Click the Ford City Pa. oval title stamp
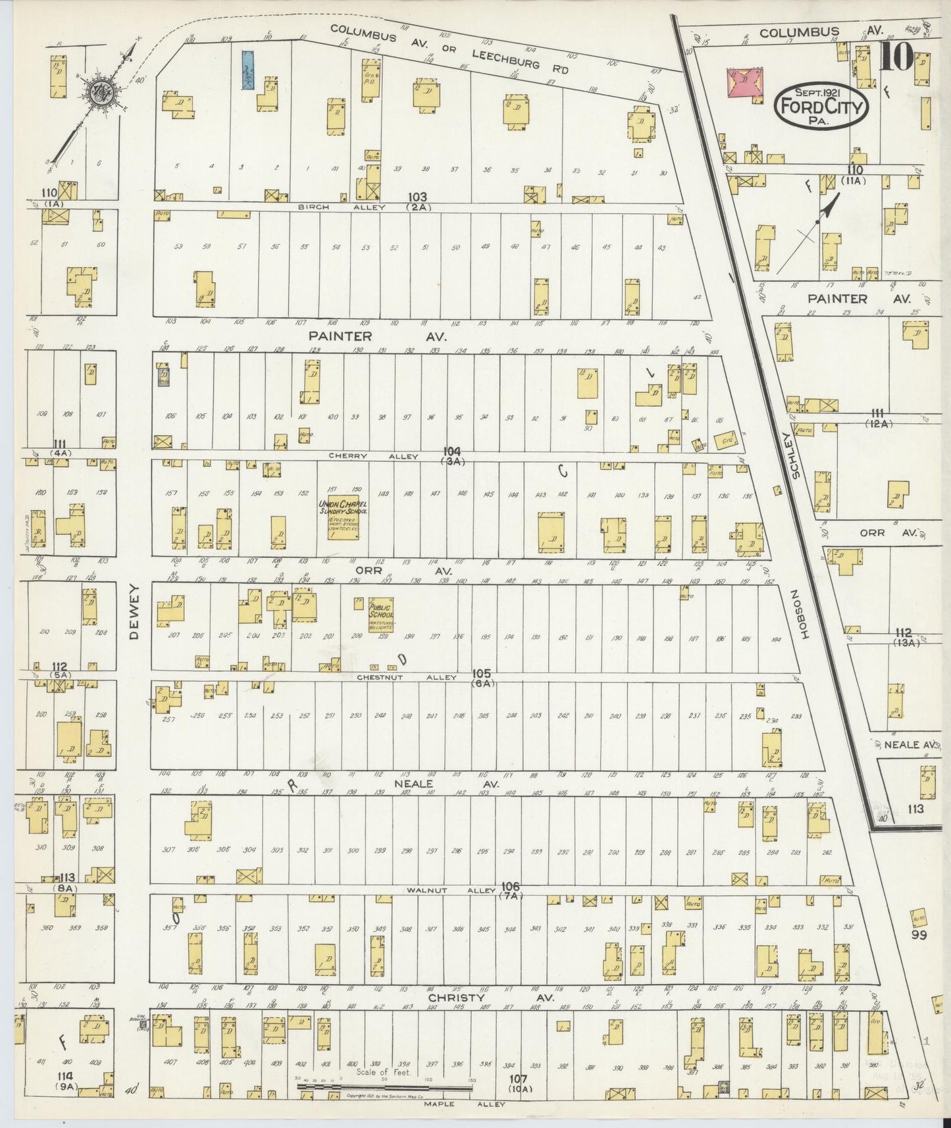(x=820, y=105)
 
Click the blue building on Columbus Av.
(x=247, y=70)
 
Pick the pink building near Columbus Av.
(x=744, y=82)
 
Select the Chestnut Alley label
(x=406, y=677)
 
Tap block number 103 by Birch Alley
(x=417, y=197)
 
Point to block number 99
(x=919, y=934)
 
